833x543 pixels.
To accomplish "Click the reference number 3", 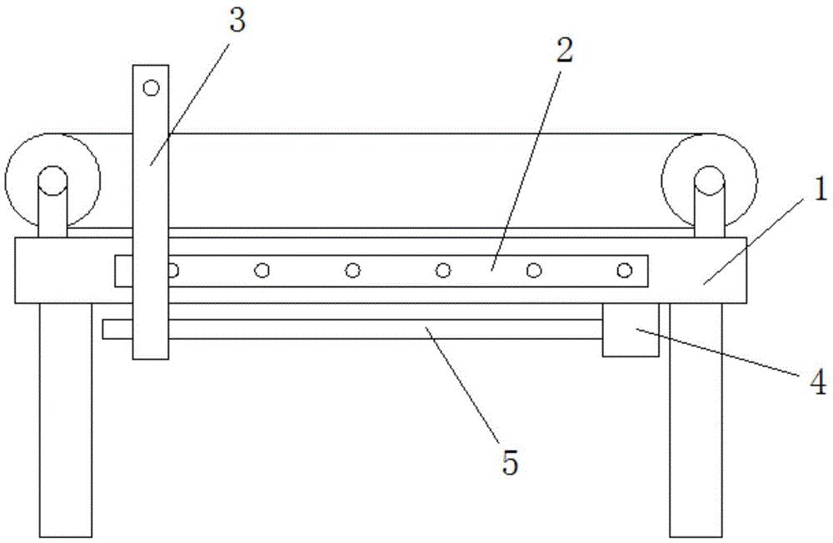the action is coord(238,22).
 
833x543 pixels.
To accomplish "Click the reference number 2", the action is coord(565,51).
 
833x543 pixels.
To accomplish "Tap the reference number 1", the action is coord(819,191).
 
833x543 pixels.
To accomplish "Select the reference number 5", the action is coord(509,461).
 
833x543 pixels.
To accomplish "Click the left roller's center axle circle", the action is coord(52,178).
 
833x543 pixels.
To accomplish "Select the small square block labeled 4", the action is coord(631,330).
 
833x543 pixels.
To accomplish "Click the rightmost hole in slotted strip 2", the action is coord(625,270).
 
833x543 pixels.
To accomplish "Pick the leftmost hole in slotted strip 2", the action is coord(172,270).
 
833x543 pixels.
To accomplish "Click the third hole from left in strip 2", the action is coord(353,270).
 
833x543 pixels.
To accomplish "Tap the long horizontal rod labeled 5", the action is coord(375,329).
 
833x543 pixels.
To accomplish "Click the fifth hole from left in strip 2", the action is coord(534,270).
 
